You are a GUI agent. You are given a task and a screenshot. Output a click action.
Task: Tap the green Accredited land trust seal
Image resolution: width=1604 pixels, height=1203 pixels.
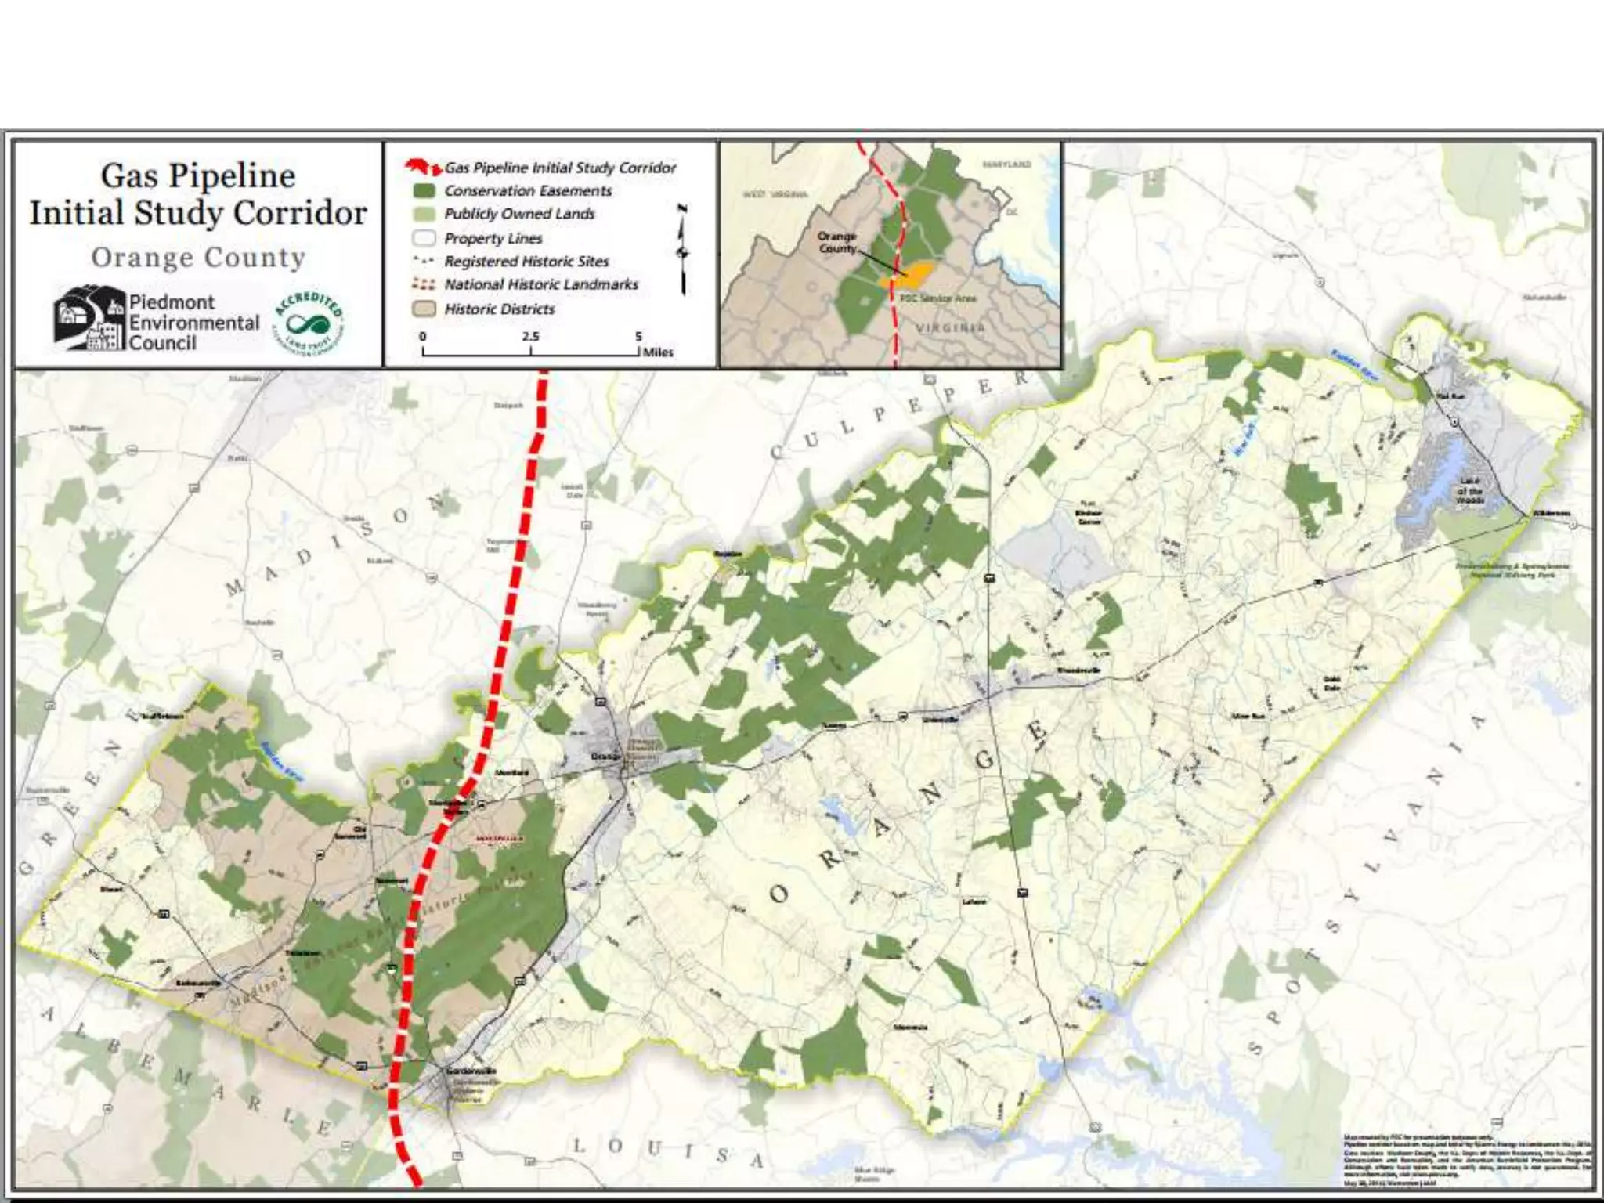point(309,322)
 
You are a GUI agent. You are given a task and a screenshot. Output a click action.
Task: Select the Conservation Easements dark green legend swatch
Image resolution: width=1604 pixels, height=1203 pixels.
point(424,191)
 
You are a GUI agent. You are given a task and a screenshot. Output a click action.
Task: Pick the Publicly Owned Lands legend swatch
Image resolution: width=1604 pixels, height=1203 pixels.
point(424,215)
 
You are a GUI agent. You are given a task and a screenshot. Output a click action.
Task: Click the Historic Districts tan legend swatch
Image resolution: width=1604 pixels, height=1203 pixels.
point(424,309)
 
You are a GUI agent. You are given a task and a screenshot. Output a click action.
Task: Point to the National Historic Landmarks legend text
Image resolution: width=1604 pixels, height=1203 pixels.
point(541,284)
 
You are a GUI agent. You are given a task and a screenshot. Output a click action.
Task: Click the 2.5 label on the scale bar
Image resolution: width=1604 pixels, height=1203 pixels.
point(530,336)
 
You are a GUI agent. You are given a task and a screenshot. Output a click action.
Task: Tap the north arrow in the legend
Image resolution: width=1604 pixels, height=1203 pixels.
point(683,249)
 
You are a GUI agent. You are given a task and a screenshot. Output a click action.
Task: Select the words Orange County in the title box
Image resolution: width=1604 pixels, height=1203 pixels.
point(198,258)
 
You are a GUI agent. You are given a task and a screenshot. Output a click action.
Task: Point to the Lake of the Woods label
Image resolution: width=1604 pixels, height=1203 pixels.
point(1470,490)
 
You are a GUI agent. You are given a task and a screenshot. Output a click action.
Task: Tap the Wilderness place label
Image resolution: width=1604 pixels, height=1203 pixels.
point(1552,513)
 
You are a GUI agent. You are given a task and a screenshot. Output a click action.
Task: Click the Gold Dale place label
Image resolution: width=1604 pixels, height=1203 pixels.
point(1331,683)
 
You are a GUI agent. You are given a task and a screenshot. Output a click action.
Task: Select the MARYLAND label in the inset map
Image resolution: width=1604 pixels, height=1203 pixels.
point(1007,164)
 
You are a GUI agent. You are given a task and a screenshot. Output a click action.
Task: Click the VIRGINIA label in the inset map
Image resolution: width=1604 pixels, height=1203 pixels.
point(950,327)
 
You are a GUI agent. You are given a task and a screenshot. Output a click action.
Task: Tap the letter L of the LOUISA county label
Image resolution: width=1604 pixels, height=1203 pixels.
point(579,1145)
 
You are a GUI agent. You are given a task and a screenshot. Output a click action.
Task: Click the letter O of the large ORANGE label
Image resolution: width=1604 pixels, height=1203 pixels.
point(779,893)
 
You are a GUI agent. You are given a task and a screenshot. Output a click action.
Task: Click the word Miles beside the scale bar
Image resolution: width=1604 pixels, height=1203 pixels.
point(658,352)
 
